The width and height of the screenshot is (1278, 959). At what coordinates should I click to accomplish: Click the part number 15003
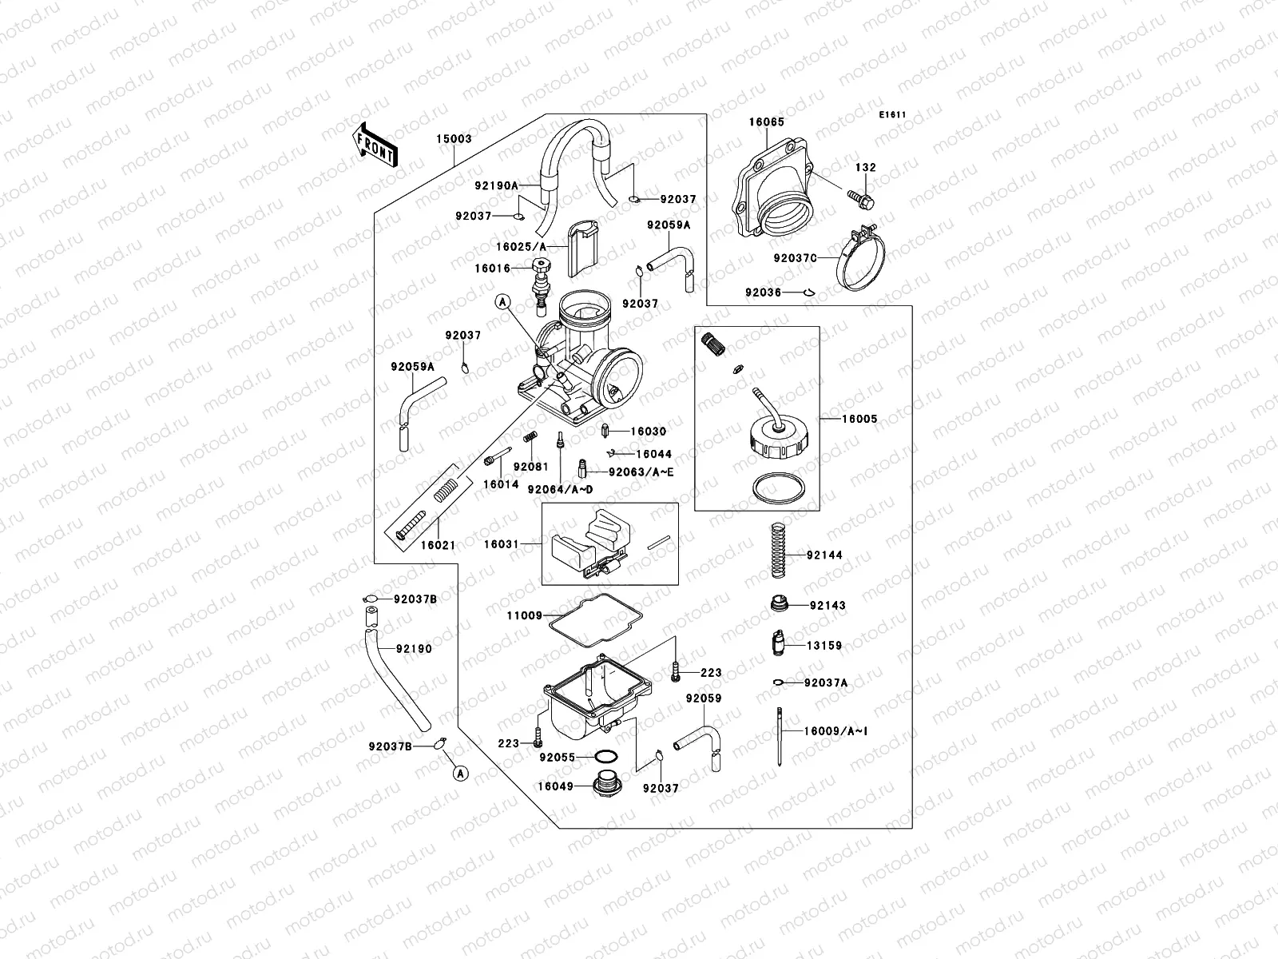pyautogui.click(x=454, y=139)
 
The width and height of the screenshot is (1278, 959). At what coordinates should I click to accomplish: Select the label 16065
pyautogui.click(x=766, y=122)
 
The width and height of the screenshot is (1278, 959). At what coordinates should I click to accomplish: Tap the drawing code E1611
pyautogui.click(x=892, y=115)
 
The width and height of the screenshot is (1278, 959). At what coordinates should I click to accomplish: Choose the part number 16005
pyautogui.click(x=859, y=419)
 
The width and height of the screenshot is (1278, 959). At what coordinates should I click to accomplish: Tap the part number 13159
pyautogui.click(x=824, y=646)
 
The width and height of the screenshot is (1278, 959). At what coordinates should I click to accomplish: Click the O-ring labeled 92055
pyautogui.click(x=606, y=757)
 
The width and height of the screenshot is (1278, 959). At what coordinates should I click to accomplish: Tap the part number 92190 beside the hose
pyautogui.click(x=415, y=649)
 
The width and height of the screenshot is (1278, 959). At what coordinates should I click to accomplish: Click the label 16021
pyautogui.click(x=437, y=545)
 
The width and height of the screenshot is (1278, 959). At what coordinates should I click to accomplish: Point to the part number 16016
pyautogui.click(x=493, y=269)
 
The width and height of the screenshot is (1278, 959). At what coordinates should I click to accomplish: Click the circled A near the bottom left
pyautogui.click(x=460, y=773)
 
